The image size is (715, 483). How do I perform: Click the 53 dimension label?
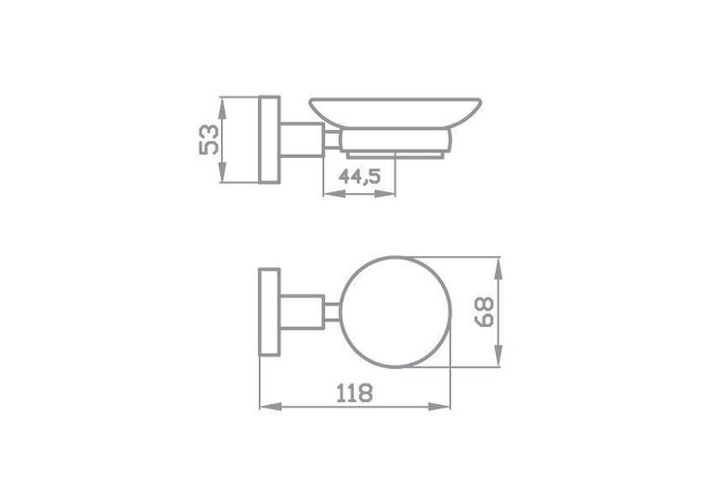tap(209, 139)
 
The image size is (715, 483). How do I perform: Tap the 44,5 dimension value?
tap(359, 176)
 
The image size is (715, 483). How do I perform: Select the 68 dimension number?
tap(484, 312)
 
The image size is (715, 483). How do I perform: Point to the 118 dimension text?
tap(355, 393)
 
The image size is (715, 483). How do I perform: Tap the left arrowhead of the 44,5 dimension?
tap(333, 194)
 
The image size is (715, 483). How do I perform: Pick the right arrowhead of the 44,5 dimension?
tap(384, 194)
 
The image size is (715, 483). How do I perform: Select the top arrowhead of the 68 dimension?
tap(499, 268)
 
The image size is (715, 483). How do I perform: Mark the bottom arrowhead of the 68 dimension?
tap(499, 356)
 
